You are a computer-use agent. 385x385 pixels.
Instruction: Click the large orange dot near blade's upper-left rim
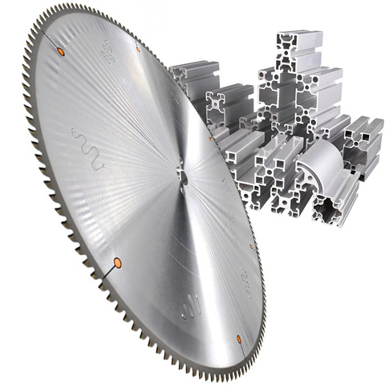click(x=60, y=51)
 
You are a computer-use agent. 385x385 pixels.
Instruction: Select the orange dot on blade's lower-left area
click(x=117, y=262)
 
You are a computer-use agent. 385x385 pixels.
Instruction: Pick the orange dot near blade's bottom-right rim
click(x=240, y=338)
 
